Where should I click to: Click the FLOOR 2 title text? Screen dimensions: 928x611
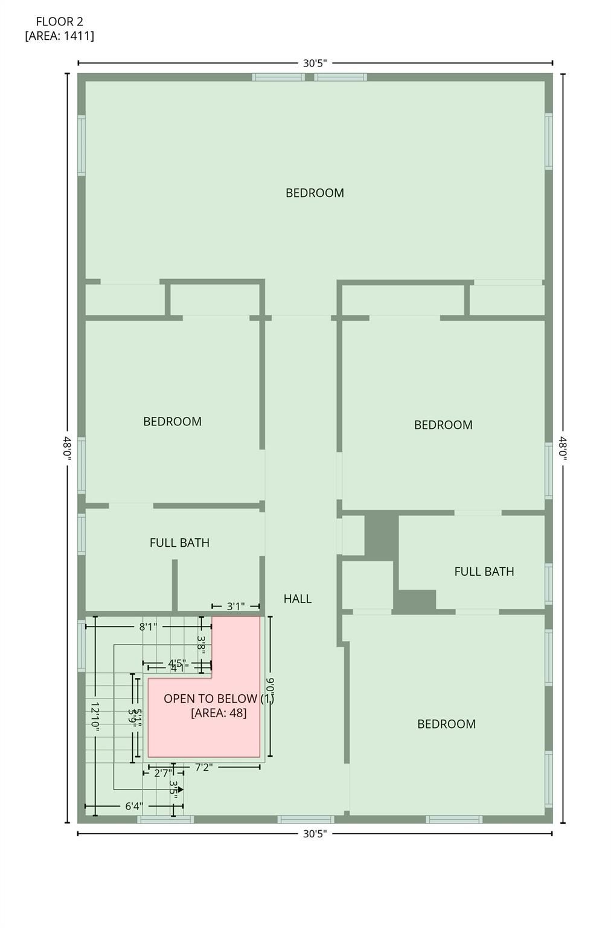coord(59,22)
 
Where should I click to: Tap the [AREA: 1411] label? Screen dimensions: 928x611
coord(59,36)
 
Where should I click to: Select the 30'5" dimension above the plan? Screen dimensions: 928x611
coord(315,63)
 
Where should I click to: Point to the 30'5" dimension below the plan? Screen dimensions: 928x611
coord(315,834)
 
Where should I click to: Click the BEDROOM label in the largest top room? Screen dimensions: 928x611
coord(315,193)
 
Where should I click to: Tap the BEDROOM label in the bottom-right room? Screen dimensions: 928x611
coord(446,724)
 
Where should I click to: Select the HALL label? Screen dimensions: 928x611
coord(298,599)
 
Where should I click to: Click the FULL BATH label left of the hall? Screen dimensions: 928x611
coord(179,543)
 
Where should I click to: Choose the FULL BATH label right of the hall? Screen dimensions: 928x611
coord(484,571)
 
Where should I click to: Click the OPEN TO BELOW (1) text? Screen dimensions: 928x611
coord(219,699)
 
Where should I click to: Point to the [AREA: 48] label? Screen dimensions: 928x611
coord(219,713)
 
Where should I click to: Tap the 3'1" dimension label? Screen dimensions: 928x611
coord(235,606)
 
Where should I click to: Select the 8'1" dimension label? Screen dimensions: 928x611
coord(148,627)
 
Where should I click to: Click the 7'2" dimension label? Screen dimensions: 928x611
coord(203,767)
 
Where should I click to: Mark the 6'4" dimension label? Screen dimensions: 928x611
coord(134,806)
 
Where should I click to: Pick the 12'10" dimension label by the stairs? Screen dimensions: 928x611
coord(95,717)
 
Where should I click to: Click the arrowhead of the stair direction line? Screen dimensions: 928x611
coord(180,789)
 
